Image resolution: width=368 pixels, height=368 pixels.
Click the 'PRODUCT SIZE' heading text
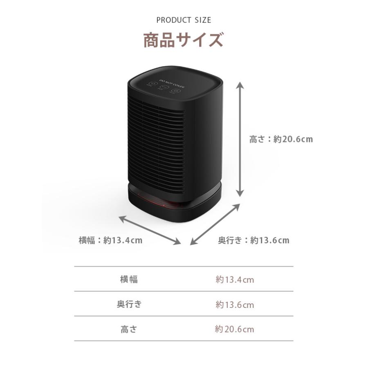point(184,20)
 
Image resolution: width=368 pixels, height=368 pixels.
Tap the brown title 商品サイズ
point(184,41)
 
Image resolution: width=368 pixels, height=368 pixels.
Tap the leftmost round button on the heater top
point(152,84)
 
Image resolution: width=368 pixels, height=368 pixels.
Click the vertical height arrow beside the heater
point(240,139)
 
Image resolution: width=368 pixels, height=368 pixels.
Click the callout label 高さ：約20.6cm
point(281,139)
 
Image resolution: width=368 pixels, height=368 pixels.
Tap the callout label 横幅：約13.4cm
point(110,240)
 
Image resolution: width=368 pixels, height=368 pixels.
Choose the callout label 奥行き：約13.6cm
point(254,240)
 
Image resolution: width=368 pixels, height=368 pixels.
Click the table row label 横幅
point(129,280)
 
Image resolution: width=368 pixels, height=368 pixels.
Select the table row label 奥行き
point(129,305)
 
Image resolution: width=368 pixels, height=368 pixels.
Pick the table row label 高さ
point(129,329)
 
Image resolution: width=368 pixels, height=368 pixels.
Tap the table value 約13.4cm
point(235,280)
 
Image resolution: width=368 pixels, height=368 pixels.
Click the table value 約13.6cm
point(235,305)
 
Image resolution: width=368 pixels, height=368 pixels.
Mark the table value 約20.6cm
point(235,330)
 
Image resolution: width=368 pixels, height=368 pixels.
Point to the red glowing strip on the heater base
point(159,200)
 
